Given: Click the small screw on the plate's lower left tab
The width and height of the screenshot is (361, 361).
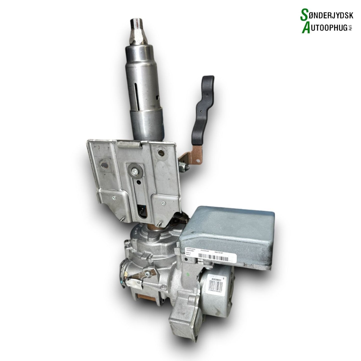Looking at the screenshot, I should [x=114, y=198].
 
